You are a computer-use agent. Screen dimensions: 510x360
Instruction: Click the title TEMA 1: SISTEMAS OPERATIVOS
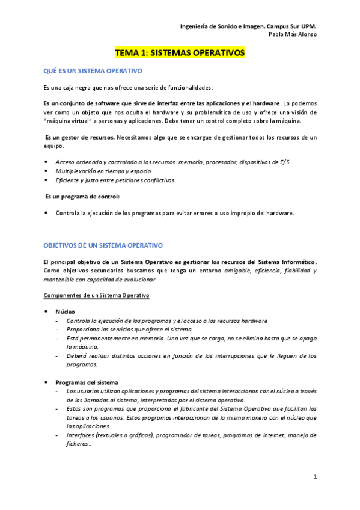click(180, 53)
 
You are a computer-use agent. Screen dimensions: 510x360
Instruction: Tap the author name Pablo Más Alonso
click(292, 34)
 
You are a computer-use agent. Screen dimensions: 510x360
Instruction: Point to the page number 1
click(314, 476)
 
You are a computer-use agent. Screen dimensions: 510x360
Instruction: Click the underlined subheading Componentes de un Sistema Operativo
click(96, 296)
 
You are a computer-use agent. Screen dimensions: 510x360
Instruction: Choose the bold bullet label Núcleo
click(66, 312)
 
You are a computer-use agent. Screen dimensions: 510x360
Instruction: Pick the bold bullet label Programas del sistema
click(87, 382)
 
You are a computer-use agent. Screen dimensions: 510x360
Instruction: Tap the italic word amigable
click(239, 271)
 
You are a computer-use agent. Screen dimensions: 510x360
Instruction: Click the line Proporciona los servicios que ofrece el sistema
click(129, 330)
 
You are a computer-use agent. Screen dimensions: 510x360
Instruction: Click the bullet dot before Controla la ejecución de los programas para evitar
click(47, 213)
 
